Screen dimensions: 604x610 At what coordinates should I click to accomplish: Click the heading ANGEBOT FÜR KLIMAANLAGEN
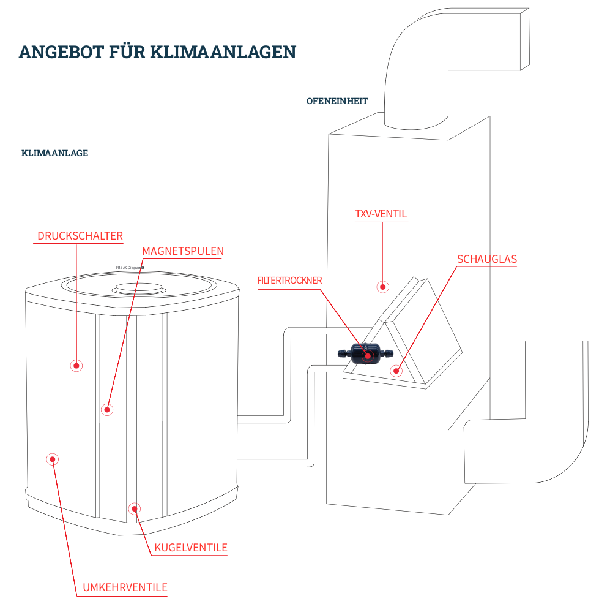(158, 51)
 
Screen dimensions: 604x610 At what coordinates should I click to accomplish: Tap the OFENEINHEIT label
(337, 101)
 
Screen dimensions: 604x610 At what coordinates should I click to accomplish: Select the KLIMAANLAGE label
(54, 153)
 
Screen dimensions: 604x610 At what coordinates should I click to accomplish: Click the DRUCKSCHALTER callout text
(80, 236)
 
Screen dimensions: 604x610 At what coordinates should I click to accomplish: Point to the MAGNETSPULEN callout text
(183, 251)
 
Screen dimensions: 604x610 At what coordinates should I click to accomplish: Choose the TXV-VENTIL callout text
(381, 214)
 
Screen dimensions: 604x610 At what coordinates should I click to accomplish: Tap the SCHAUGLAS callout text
(487, 259)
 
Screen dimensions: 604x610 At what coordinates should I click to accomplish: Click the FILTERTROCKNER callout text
(289, 281)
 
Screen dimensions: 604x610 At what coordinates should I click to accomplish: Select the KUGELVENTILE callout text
(191, 548)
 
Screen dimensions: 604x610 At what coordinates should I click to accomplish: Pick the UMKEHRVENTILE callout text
(125, 587)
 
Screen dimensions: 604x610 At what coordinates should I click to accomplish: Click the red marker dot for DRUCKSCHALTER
(76, 365)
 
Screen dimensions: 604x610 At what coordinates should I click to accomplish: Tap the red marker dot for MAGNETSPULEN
(107, 409)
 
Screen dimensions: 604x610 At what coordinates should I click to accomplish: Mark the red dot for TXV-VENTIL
(383, 286)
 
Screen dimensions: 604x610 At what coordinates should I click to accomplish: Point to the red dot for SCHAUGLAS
(396, 370)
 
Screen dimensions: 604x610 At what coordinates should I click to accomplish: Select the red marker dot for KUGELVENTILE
(134, 508)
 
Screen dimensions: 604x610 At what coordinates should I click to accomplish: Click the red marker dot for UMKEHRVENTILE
(52, 459)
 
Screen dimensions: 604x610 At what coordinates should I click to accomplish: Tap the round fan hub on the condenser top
(137, 287)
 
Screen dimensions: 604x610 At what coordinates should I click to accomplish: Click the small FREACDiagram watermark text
(129, 268)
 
